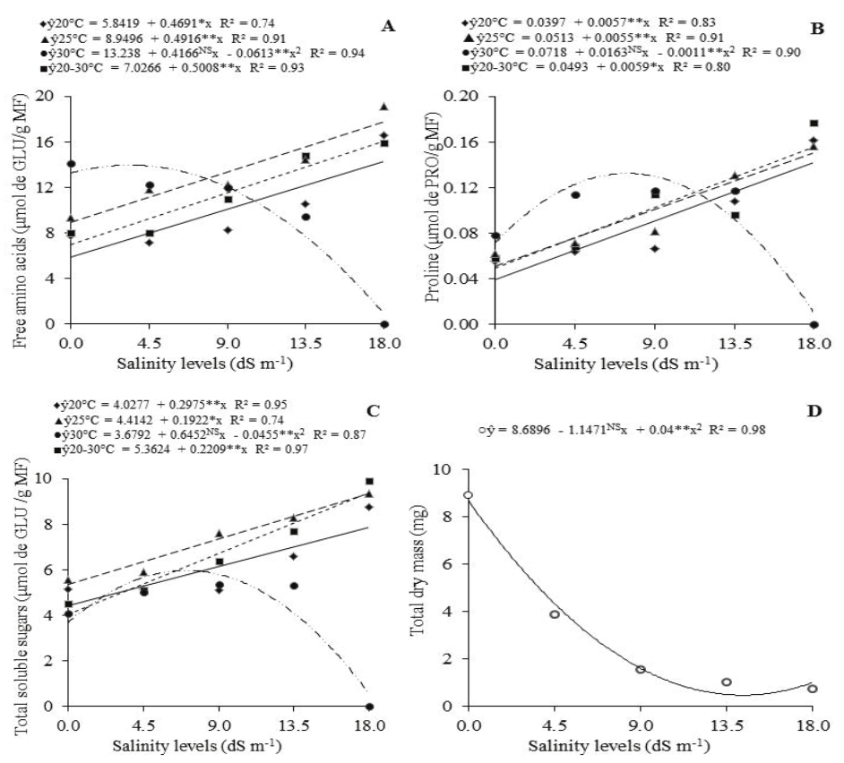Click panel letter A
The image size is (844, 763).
click(x=387, y=27)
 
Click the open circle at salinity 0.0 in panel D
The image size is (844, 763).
click(x=468, y=494)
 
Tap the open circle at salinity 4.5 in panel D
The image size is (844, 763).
click(x=555, y=614)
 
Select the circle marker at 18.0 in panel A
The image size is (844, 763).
click(x=384, y=324)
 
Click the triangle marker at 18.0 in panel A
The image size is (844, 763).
click(x=384, y=107)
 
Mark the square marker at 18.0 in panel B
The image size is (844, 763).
click(x=814, y=123)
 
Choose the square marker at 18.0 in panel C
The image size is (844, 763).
click(x=369, y=481)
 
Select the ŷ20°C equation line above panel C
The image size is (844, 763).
click(x=143, y=404)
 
